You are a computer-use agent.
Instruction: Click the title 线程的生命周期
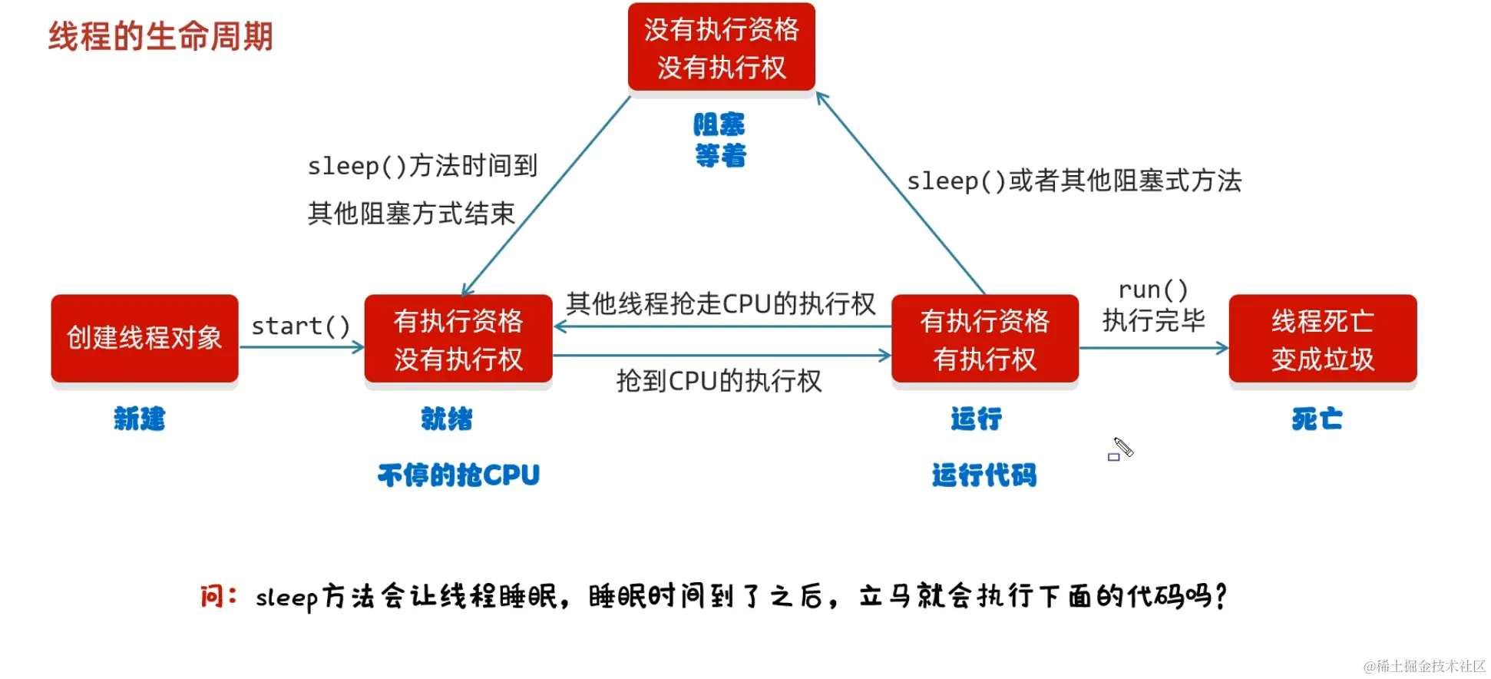(160, 36)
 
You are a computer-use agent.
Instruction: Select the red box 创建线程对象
(144, 338)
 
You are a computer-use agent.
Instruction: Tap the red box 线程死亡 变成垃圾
(1322, 339)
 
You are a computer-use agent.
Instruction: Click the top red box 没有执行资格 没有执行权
(721, 48)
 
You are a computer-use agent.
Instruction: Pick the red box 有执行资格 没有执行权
(458, 339)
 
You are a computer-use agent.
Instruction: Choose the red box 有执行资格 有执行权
(984, 339)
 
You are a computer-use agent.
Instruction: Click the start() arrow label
(301, 326)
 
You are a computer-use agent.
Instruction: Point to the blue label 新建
(139, 419)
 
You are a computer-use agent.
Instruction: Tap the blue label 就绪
(446, 419)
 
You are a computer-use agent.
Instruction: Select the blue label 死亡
(1317, 419)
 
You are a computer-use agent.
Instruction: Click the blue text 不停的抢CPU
(458, 475)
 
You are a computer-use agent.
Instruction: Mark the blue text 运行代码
(984, 475)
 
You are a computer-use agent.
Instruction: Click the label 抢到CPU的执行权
(719, 381)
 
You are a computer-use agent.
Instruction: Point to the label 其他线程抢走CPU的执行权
(720, 303)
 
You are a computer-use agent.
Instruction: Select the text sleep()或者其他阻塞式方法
(1074, 181)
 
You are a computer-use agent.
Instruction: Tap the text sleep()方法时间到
(422, 165)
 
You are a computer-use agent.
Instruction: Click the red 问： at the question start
(218, 596)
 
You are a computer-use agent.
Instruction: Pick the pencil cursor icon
(1122, 448)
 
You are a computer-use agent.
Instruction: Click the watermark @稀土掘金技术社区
(1423, 666)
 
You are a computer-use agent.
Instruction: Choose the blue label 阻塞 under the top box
(719, 124)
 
